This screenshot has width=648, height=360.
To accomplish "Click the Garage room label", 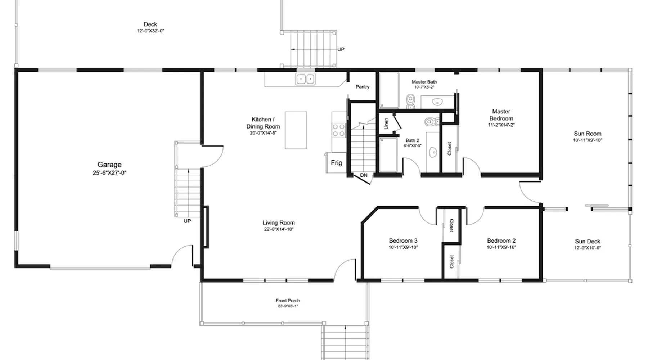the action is [x=109, y=165].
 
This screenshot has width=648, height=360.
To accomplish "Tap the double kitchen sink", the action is [x=305, y=79].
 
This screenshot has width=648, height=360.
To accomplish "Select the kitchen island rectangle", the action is [x=296, y=130].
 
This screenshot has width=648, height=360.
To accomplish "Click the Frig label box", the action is [x=337, y=163].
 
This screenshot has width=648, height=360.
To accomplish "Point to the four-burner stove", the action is [x=339, y=130].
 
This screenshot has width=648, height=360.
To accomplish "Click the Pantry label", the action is [x=363, y=87].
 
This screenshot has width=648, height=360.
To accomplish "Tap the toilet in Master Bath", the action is [x=411, y=101].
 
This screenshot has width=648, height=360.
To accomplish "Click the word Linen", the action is [x=386, y=123].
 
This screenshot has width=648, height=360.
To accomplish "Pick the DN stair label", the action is [x=364, y=175].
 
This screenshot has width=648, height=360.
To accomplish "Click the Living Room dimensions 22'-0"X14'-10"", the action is [x=279, y=229].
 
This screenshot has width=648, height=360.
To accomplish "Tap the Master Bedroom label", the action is [x=501, y=115].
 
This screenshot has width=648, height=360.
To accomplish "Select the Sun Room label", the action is [x=588, y=134].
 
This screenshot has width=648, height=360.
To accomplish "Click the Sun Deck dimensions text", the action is [x=588, y=248].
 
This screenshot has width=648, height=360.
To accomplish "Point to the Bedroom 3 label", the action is [x=403, y=241].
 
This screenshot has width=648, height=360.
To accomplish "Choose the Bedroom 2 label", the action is [x=501, y=241].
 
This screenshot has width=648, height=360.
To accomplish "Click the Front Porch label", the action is [x=288, y=301].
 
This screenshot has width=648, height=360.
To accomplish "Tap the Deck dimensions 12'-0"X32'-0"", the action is [x=150, y=31].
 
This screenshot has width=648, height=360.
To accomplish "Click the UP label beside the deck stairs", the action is [x=341, y=49].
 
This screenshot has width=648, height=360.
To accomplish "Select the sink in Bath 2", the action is [x=433, y=152].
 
